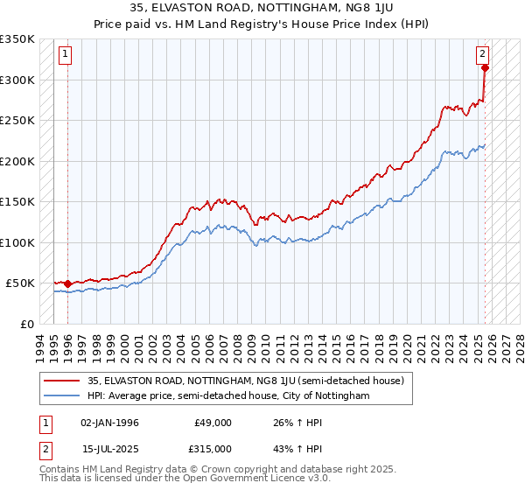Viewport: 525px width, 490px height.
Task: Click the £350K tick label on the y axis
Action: [17, 39]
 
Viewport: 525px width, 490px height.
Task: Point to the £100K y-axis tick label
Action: [17, 242]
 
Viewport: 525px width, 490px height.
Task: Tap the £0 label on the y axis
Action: [28, 324]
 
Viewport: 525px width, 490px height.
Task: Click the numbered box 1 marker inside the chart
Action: [66, 54]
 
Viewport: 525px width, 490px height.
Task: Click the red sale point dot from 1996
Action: [67, 283]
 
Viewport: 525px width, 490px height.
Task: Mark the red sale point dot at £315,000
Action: [485, 68]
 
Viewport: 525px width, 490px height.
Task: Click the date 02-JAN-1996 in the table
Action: [109, 423]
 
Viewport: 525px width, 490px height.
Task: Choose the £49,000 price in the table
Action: [213, 423]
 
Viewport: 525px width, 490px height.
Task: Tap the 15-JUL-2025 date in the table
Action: [109, 448]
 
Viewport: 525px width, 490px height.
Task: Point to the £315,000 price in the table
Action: [213, 448]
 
